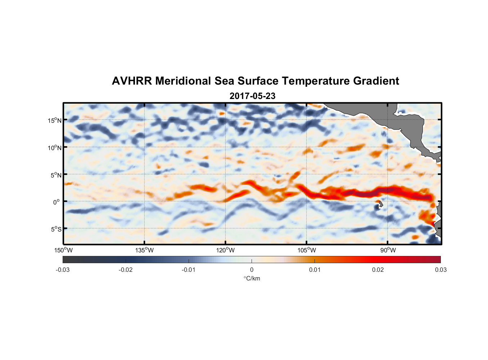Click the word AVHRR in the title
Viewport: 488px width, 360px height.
click(x=131, y=81)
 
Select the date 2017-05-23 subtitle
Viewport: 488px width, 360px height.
click(x=252, y=96)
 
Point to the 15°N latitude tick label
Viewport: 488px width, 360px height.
click(x=54, y=120)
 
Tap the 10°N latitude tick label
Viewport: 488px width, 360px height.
click(x=54, y=148)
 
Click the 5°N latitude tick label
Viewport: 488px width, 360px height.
click(x=56, y=175)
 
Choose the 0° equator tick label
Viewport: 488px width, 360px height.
click(x=57, y=202)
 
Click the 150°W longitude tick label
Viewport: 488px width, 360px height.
click(x=64, y=250)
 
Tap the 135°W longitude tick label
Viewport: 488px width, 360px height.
click(x=145, y=250)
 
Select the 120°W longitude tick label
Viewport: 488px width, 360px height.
click(x=226, y=250)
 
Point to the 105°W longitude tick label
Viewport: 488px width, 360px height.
click(x=307, y=250)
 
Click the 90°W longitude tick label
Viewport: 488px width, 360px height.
click(x=388, y=250)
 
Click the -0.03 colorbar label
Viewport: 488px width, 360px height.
click(x=63, y=270)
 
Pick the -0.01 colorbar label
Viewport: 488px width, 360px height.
click(x=189, y=270)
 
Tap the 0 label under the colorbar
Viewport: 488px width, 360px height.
click(x=252, y=270)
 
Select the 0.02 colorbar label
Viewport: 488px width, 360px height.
click(x=378, y=270)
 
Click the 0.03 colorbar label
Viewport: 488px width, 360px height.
click(x=440, y=270)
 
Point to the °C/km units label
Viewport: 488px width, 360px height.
click(x=252, y=278)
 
